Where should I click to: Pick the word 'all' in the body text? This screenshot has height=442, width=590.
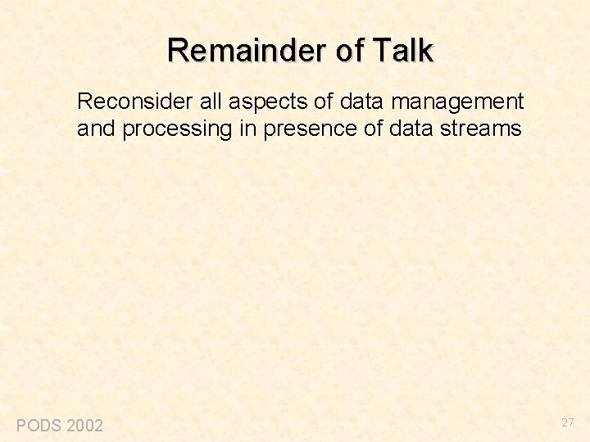pos(211,101)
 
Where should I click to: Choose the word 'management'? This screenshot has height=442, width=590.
pos(453,103)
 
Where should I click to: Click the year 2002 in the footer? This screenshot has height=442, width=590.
pos(84,425)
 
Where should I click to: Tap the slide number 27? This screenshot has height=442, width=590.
pos(568,422)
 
